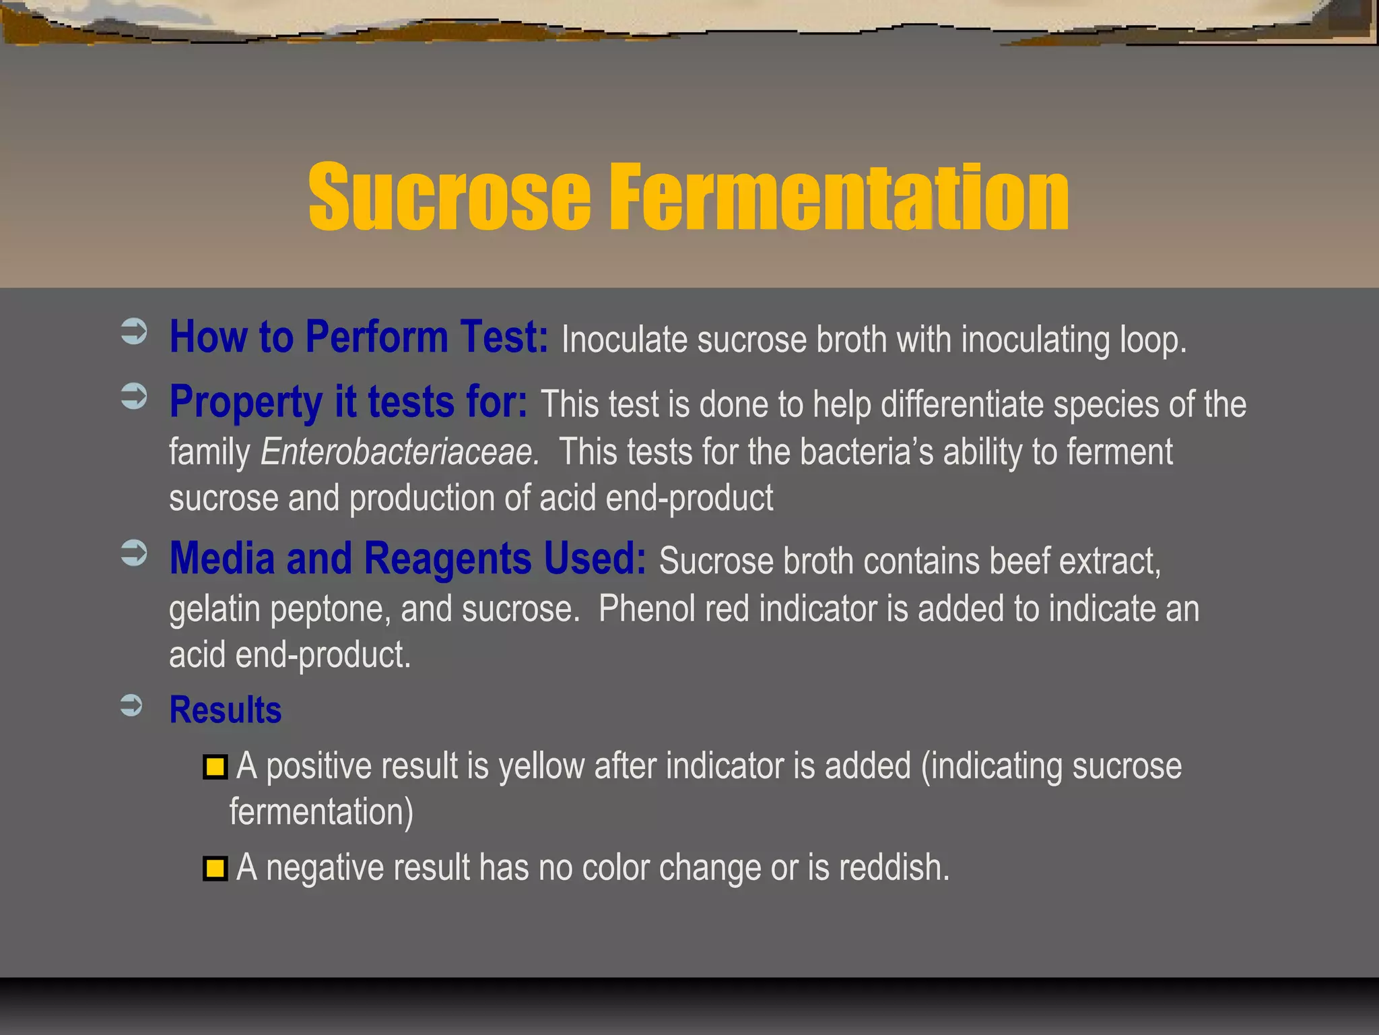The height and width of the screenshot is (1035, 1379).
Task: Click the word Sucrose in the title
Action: click(x=449, y=197)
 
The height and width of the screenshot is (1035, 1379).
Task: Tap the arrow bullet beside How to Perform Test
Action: click(x=134, y=332)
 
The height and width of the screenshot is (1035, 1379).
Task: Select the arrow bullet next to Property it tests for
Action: click(x=134, y=396)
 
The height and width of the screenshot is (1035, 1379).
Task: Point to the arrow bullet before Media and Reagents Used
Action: click(x=134, y=554)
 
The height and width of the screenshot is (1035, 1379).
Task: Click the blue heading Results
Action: click(x=226, y=710)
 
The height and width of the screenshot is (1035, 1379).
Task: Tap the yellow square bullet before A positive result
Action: click(x=215, y=767)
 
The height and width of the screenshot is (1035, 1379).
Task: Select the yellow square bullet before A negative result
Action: click(x=215, y=869)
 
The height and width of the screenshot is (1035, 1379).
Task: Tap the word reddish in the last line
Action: click(x=894, y=868)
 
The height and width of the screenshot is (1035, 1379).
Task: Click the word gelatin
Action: click(x=214, y=610)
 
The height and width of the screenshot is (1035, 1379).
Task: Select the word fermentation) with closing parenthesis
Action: click(x=321, y=812)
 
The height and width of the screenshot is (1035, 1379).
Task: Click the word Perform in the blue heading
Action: click(x=376, y=336)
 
